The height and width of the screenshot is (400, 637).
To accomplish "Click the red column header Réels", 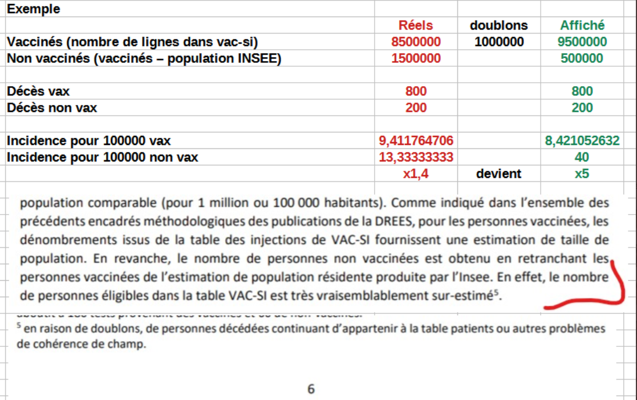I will pyautogui.click(x=415, y=25).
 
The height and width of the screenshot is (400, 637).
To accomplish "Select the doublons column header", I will pyautogui.click(x=498, y=25).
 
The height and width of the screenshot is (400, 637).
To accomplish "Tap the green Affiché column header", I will pyautogui.click(x=582, y=25).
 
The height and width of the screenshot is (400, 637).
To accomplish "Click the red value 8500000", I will pyautogui.click(x=416, y=42).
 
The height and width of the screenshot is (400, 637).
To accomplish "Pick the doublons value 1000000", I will pyautogui.click(x=498, y=42).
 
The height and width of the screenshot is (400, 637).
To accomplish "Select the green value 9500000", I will pyautogui.click(x=582, y=42).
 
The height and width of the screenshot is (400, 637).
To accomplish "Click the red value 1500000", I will pyautogui.click(x=416, y=58).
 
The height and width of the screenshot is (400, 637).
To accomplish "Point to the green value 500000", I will pyautogui.click(x=582, y=58).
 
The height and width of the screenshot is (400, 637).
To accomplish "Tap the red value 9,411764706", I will pyautogui.click(x=416, y=140).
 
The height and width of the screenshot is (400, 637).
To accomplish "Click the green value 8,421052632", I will pyautogui.click(x=582, y=140).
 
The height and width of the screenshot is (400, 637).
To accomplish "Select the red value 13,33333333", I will pyautogui.click(x=416, y=157).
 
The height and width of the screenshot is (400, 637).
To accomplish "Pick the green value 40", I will pyautogui.click(x=582, y=157).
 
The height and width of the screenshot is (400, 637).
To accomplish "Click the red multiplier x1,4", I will pyautogui.click(x=416, y=173).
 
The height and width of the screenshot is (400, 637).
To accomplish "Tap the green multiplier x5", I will pyautogui.click(x=582, y=173).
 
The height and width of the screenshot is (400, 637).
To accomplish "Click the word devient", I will pyautogui.click(x=498, y=173).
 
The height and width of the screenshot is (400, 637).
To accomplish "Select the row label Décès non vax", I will pyautogui.click(x=51, y=108).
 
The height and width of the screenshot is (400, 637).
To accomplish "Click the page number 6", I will pyautogui.click(x=311, y=389).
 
